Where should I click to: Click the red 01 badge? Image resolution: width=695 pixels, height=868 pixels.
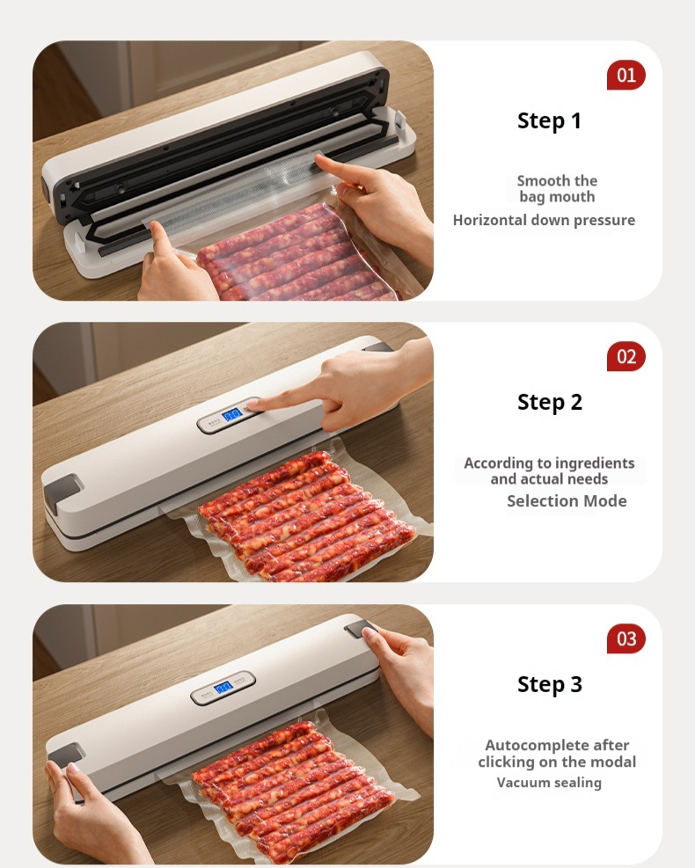click(626, 75)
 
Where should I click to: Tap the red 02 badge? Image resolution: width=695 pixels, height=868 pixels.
click(626, 356)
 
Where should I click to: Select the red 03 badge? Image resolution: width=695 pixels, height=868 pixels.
click(626, 638)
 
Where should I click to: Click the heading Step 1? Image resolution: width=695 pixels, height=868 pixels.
click(549, 120)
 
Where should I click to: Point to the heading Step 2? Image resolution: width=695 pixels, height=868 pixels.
click(549, 403)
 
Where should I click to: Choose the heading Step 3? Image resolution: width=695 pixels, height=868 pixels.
click(549, 684)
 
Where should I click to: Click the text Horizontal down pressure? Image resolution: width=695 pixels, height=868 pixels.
click(544, 220)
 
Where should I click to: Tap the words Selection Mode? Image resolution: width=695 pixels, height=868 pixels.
click(567, 501)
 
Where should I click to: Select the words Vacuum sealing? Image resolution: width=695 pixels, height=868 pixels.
click(549, 782)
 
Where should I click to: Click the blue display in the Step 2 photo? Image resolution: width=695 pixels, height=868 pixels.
click(231, 414)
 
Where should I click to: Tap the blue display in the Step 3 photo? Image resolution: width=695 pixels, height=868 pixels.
click(223, 688)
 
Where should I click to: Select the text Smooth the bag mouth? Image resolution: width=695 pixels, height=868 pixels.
click(557, 189)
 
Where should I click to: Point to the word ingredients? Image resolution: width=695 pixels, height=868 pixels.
click(595, 463)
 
